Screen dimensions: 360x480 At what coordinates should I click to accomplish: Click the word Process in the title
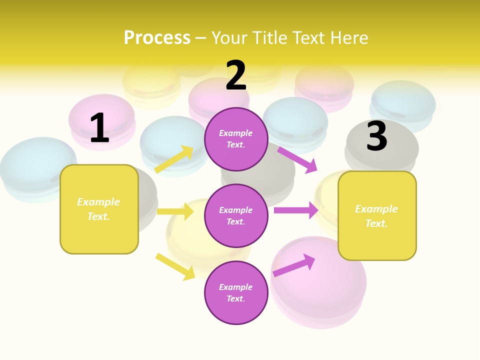pos(157,38)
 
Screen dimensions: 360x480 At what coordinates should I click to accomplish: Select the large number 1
pos(99,128)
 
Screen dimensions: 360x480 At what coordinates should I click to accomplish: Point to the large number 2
pos(236,76)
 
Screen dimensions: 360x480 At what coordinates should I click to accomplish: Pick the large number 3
pos(376,136)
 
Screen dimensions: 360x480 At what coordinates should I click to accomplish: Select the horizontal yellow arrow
pos(175,211)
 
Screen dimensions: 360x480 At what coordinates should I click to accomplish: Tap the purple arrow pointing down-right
pos(298,159)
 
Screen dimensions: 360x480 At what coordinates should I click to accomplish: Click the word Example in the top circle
pos(236,133)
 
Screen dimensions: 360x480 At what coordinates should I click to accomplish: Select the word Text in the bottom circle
pos(235,298)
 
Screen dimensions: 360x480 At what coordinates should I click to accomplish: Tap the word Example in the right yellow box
pos(376,209)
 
